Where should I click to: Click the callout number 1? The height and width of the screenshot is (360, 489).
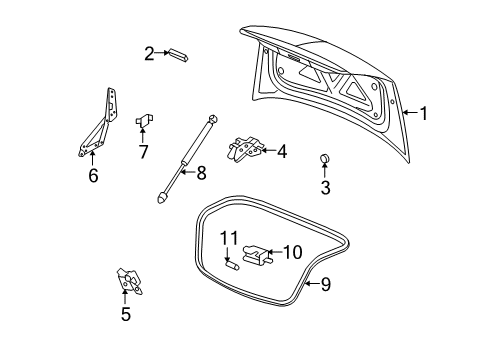[423, 114]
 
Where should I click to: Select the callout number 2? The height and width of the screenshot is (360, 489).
[148, 53]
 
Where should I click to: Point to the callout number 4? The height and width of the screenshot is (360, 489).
[282, 152]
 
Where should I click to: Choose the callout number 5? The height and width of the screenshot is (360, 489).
[126, 315]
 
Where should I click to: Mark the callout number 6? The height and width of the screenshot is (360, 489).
[92, 175]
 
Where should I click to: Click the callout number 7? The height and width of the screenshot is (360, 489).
[143, 152]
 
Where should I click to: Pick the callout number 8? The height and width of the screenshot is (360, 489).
[201, 173]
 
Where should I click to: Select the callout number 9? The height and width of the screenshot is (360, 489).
[324, 285]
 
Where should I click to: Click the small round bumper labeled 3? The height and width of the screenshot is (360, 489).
[324, 158]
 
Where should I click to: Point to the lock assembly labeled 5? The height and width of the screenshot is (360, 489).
[127, 282]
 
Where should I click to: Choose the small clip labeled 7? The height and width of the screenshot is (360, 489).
[144, 120]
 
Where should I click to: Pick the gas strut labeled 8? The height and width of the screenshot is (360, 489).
[186, 158]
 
